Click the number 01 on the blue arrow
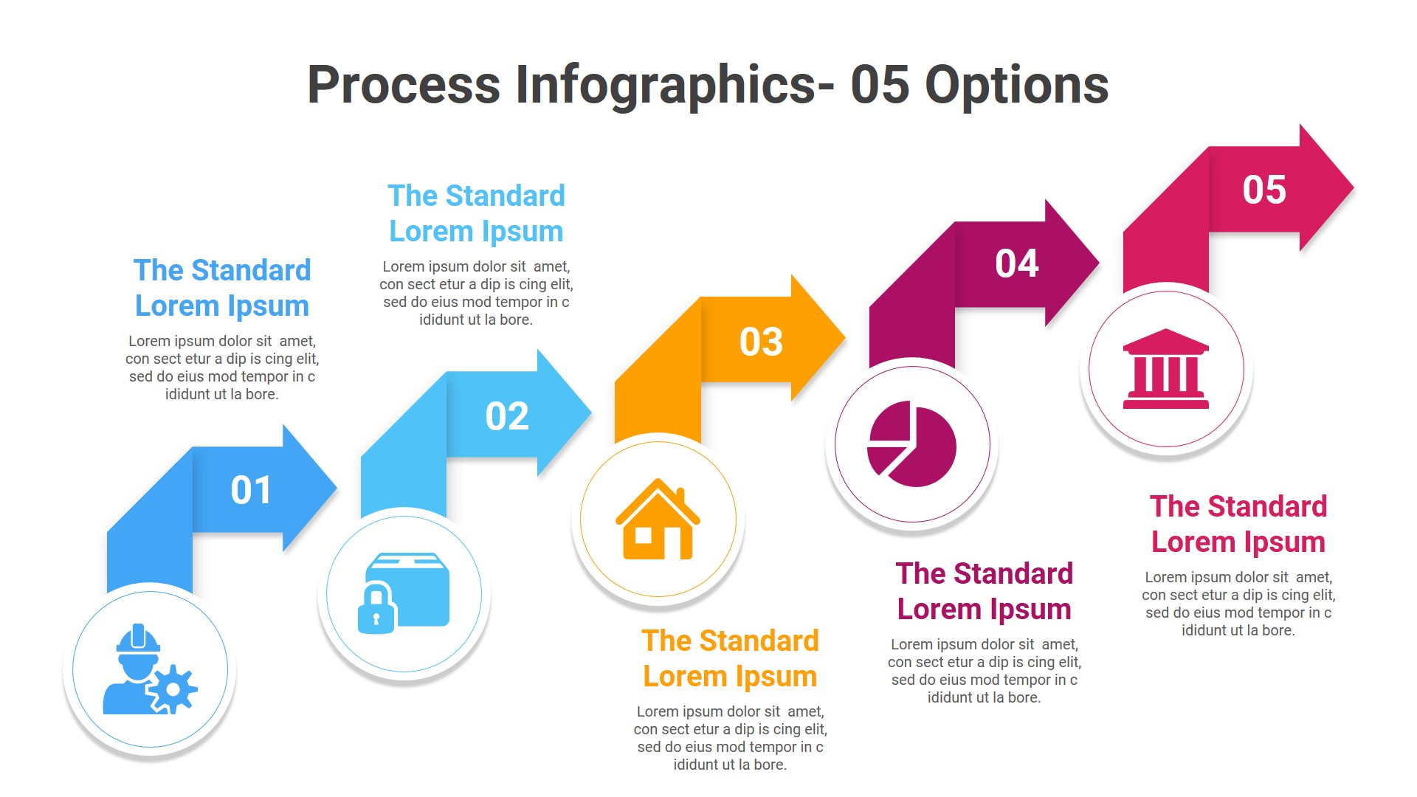pyautogui.click(x=251, y=490)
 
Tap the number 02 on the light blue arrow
pyautogui.click(x=507, y=416)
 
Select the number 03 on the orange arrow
pyautogui.click(x=761, y=342)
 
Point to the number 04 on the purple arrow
pyautogui.click(x=1016, y=263)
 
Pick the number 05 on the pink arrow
pyautogui.click(x=1264, y=190)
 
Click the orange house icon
pyautogui.click(x=658, y=520)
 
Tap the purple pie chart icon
pyautogui.click(x=912, y=444)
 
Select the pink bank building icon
pyautogui.click(x=1166, y=369)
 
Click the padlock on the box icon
pyautogui.click(x=376, y=610)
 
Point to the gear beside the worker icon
pyautogui.click(x=173, y=689)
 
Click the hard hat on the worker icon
pyautogui.click(x=138, y=639)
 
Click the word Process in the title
pyautogui.click(x=404, y=85)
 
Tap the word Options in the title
pyautogui.click(x=1016, y=85)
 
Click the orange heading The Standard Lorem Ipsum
pyautogui.click(x=730, y=658)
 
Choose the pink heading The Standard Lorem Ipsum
pyautogui.click(x=1238, y=524)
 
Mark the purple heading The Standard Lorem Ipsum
pyautogui.click(x=984, y=591)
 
